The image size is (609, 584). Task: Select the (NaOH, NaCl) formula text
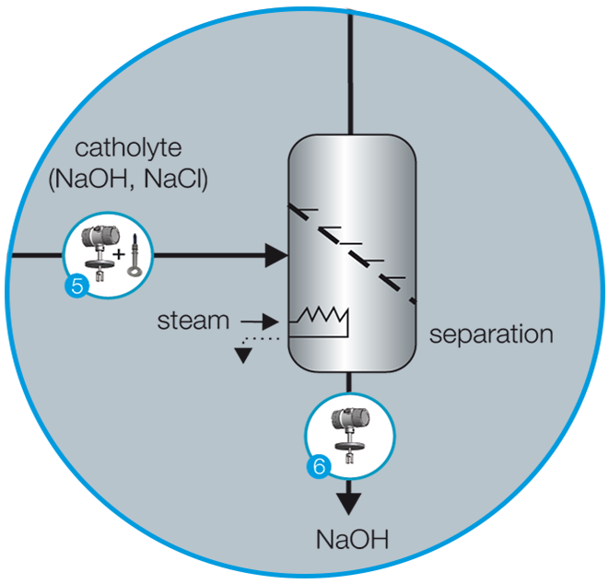[128, 180]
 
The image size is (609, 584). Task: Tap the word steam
[193, 321]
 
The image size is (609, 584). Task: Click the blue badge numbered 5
[76, 286]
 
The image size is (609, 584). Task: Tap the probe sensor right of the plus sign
[136, 254]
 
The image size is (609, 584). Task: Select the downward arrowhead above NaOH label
[349, 502]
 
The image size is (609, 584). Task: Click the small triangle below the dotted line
[242, 356]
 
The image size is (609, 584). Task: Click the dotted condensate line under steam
[260, 339]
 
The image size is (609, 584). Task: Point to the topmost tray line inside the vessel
[305, 211]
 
